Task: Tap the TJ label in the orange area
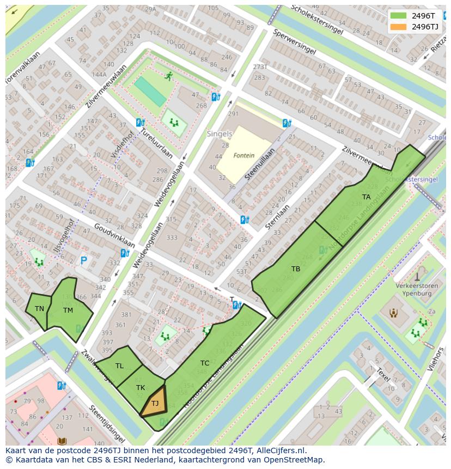(155, 404)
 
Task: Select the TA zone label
(366, 197)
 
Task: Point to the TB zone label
(295, 269)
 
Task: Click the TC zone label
(204, 363)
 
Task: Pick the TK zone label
(141, 388)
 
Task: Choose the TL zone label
(119, 366)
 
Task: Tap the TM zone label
(68, 310)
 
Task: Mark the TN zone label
(39, 309)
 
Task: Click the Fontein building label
(243, 155)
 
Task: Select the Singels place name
(219, 133)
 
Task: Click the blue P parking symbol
(83, 261)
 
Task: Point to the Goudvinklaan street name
(114, 235)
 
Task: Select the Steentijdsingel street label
(107, 423)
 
